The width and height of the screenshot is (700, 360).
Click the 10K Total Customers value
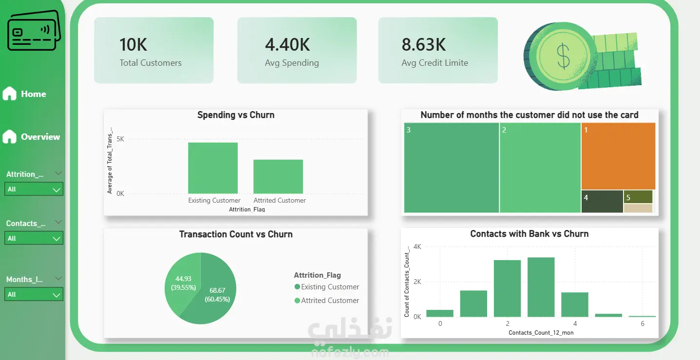[x=133, y=45]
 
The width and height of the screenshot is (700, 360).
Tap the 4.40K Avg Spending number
[x=287, y=45]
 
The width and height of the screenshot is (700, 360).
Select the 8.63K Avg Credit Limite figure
[x=424, y=45]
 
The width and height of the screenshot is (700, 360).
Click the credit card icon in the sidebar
[x=34, y=30]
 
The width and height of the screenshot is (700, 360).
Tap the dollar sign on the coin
[x=564, y=56]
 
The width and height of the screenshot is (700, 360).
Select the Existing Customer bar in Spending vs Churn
[x=213, y=168]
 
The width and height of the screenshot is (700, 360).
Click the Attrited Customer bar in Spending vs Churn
[x=278, y=176]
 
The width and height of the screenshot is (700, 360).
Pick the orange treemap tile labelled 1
[x=618, y=156]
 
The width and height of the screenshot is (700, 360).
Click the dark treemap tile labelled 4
[x=602, y=202]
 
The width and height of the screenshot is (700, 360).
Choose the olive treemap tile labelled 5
[x=638, y=197]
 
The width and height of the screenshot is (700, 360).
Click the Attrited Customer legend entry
[x=327, y=300]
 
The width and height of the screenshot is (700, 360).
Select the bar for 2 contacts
[x=507, y=288]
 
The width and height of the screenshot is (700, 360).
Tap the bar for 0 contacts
[x=440, y=313]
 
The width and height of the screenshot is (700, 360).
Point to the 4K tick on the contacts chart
[x=417, y=246]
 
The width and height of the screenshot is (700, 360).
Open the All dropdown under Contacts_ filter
[x=34, y=238]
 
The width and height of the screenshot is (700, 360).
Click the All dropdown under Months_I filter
[x=34, y=294]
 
